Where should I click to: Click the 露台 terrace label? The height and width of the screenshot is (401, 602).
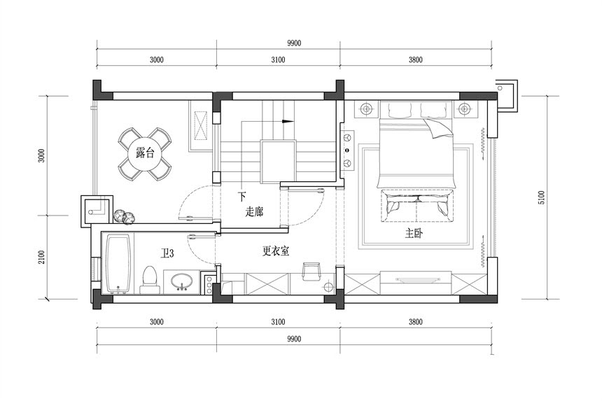pos(145,153)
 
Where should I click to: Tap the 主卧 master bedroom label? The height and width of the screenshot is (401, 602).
pos(414,232)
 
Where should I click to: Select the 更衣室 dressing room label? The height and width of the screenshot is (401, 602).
pos(276,251)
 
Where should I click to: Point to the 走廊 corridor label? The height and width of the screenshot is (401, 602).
pos(254,211)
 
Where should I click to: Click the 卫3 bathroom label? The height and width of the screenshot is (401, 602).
pos(167,253)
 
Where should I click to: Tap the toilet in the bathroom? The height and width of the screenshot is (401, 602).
pos(150,280)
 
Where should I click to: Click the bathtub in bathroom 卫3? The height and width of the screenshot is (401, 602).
pos(118,264)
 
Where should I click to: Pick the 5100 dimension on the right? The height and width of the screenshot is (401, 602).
pos(541,197)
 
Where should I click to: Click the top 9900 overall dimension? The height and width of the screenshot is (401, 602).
pos(294,43)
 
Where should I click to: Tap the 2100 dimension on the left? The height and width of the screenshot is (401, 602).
pos(41,257)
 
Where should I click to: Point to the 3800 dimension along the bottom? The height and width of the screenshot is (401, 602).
pos(415,321)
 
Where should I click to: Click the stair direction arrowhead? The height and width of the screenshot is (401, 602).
pos(288,121)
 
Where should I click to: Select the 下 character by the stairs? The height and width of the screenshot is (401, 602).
pos(241,197)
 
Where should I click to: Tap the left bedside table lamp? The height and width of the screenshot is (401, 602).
pos(367,109)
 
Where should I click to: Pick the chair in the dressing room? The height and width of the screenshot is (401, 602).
pos(311,271)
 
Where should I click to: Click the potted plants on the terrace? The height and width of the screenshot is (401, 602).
pos(125,217)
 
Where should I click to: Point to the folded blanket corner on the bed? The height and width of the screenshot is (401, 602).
pos(437,128)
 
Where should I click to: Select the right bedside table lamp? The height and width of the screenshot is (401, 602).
pos(465,109)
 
